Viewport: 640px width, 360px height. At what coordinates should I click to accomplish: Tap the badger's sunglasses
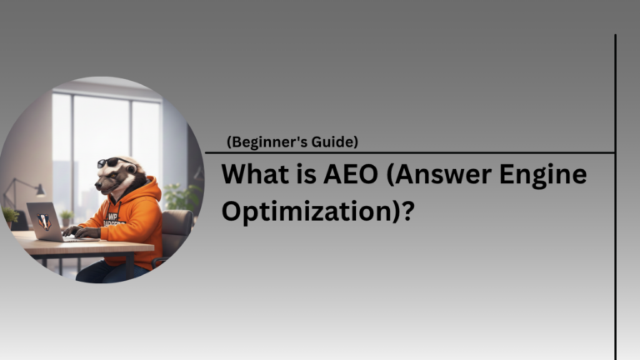point(110,162)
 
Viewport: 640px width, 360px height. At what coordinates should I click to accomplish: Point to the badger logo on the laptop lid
point(44,221)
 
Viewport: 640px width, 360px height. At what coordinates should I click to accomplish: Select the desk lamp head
point(38,190)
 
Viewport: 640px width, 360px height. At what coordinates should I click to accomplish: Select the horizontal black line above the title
point(408,152)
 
